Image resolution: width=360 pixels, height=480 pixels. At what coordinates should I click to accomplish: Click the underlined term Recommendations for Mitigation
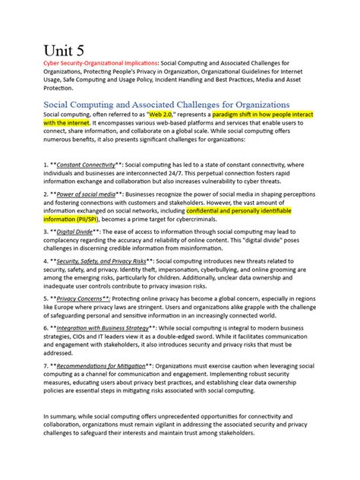(x=109, y=365)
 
